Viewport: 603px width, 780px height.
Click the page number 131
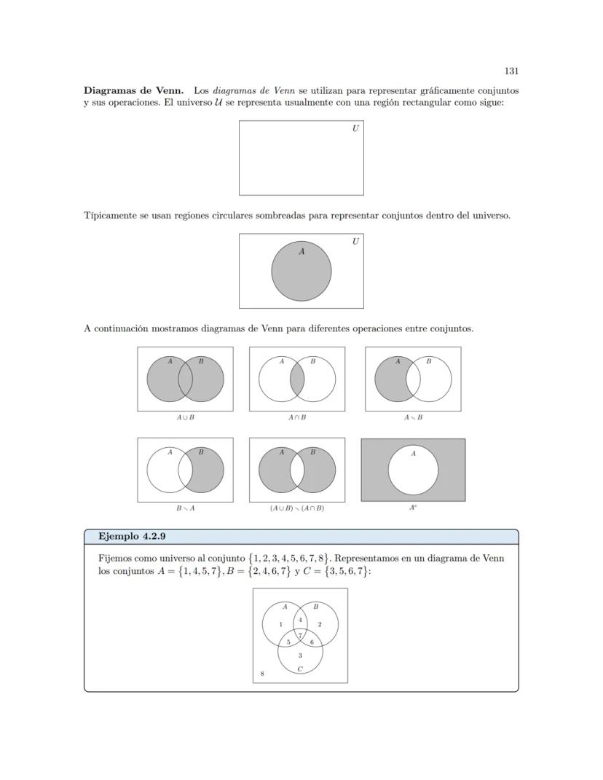pos(511,71)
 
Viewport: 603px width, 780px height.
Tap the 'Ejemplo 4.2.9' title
pos(132,537)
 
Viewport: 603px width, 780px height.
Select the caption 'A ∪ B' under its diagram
pos(186,417)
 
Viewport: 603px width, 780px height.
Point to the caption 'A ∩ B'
pos(297,417)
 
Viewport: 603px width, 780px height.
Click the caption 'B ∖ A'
pos(186,508)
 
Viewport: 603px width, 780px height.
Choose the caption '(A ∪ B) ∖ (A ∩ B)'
pos(297,508)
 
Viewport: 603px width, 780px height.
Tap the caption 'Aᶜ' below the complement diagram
pos(413,508)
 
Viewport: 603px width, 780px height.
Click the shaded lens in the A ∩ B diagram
pos(297,380)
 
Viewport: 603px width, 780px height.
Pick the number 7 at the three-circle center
pos(300,635)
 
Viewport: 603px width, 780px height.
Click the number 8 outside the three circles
pos(262,674)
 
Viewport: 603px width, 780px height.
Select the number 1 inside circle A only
pos(280,624)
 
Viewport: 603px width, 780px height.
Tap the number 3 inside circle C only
pos(300,655)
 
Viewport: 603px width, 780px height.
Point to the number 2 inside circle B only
pos(320,624)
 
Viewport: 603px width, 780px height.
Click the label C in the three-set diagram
pos(300,668)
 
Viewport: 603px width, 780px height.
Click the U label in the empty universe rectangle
pos(355,128)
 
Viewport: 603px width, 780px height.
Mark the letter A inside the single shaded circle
pos(301,252)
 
